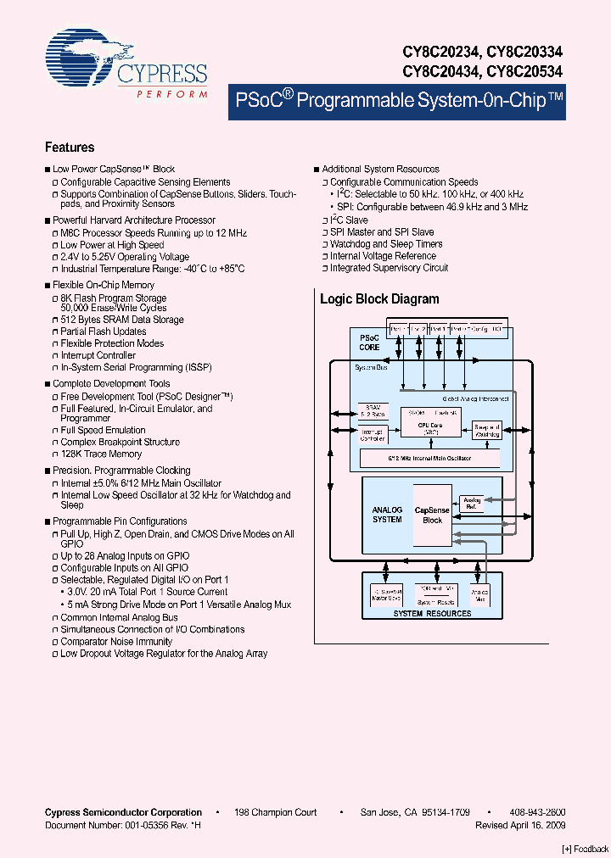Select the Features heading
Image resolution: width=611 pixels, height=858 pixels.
[x=70, y=148]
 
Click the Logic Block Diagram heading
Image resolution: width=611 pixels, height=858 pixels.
[x=379, y=298]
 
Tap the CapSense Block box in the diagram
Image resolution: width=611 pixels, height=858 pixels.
[x=432, y=515]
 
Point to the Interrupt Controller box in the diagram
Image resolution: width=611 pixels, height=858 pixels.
[x=373, y=434]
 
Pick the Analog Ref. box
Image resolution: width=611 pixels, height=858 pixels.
[x=471, y=504]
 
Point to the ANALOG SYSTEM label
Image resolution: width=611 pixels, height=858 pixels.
[x=387, y=515]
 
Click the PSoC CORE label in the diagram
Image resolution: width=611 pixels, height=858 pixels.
[x=369, y=343]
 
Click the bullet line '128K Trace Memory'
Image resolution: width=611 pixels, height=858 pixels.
[x=101, y=454]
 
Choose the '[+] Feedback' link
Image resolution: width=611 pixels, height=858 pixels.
[x=586, y=849]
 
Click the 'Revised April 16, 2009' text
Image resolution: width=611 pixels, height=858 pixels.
[x=520, y=825]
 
